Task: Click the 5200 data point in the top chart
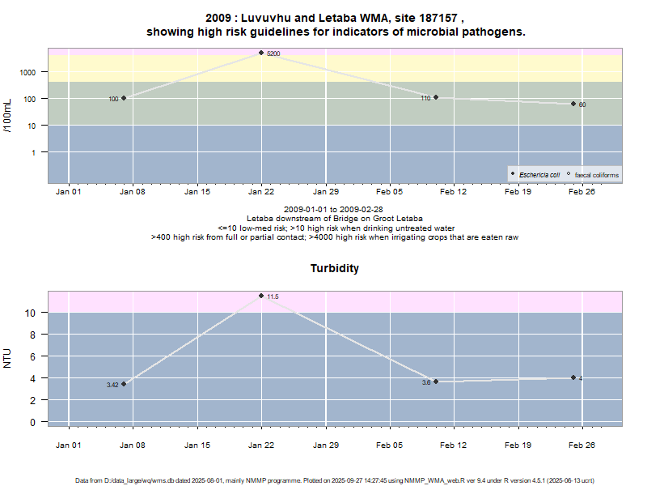[261, 53]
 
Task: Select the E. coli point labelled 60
[573, 104]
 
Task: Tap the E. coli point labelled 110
[436, 97]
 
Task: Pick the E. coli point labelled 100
[124, 98]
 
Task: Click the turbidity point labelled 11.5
[261, 296]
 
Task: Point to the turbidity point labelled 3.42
[124, 384]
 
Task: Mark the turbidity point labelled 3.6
[436, 382]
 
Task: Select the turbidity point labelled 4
[573, 377]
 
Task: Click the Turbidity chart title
[335, 268]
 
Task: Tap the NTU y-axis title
[8, 357]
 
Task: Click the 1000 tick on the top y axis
[27, 72]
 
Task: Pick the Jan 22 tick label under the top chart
[261, 192]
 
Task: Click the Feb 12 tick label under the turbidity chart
[453, 445]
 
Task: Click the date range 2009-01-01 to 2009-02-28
[328, 210]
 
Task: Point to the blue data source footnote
[335, 480]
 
